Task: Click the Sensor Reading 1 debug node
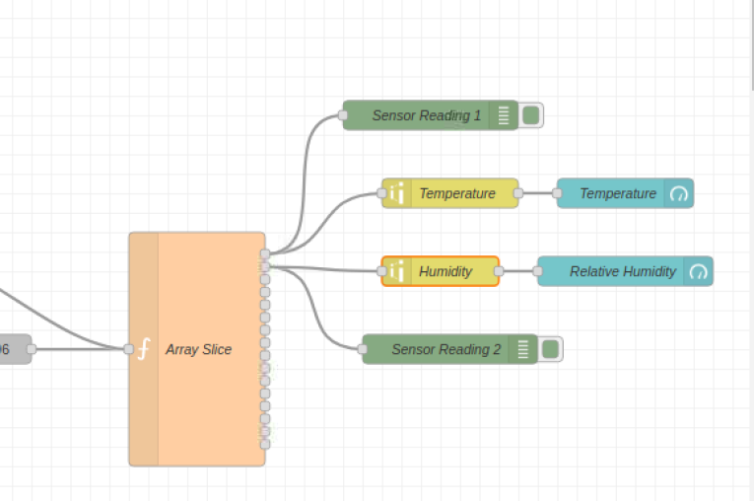click(426, 115)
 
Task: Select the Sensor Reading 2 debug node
click(446, 349)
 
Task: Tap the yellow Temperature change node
click(456, 193)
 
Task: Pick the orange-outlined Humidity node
click(446, 271)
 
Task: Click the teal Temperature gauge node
click(617, 193)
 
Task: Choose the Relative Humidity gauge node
click(622, 271)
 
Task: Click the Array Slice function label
click(199, 349)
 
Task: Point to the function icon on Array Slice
click(144, 349)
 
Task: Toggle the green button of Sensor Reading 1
click(531, 115)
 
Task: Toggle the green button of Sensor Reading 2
click(551, 349)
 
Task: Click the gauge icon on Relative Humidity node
click(699, 271)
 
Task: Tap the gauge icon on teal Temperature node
click(679, 193)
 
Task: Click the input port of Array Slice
click(129, 349)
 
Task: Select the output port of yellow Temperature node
click(518, 193)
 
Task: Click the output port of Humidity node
click(499, 271)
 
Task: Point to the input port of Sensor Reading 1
click(343, 115)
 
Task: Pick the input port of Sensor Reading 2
click(362, 349)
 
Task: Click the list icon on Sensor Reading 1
click(504, 115)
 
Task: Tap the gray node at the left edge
click(12, 349)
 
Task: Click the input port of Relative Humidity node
click(537, 271)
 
